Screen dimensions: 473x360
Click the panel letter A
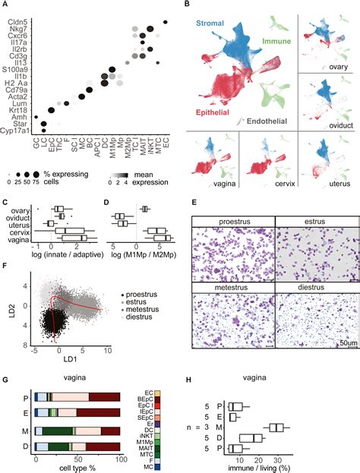[x=5, y=5]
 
